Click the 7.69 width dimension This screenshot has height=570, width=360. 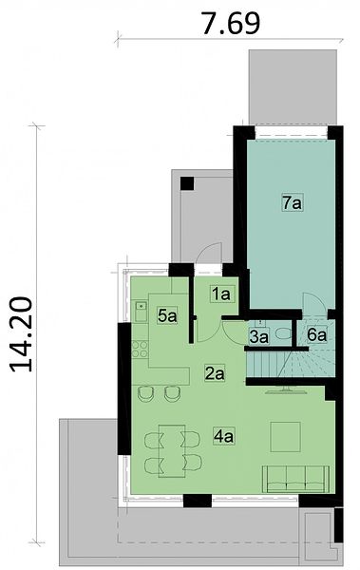point(231,23)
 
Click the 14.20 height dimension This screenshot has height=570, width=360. point(21,334)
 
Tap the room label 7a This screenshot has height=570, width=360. point(293,202)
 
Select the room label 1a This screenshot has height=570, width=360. point(221,294)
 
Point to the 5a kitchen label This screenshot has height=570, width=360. point(167,315)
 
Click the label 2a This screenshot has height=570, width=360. point(215,373)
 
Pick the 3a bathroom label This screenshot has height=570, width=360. point(259,336)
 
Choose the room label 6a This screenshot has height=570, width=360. point(316,334)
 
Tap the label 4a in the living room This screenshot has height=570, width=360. point(223,436)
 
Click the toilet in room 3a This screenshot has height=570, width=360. point(282,332)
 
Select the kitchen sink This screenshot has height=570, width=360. point(141,312)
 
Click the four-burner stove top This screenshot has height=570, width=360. point(140,349)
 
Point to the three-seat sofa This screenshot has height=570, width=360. point(295,479)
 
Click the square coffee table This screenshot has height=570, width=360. point(286,436)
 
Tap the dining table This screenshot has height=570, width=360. point(172,450)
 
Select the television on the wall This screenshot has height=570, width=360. point(286,390)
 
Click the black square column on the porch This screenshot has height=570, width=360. point(187,183)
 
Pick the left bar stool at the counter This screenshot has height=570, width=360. point(145,393)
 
